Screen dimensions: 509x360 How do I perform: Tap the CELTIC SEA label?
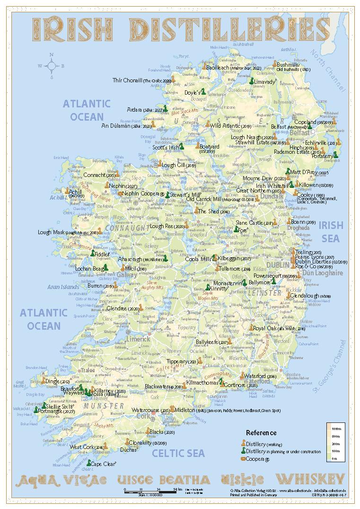178,453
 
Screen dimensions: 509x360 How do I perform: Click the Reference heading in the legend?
261,432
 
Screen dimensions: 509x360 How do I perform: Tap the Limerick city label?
138,339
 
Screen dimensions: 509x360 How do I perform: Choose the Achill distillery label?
75,192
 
